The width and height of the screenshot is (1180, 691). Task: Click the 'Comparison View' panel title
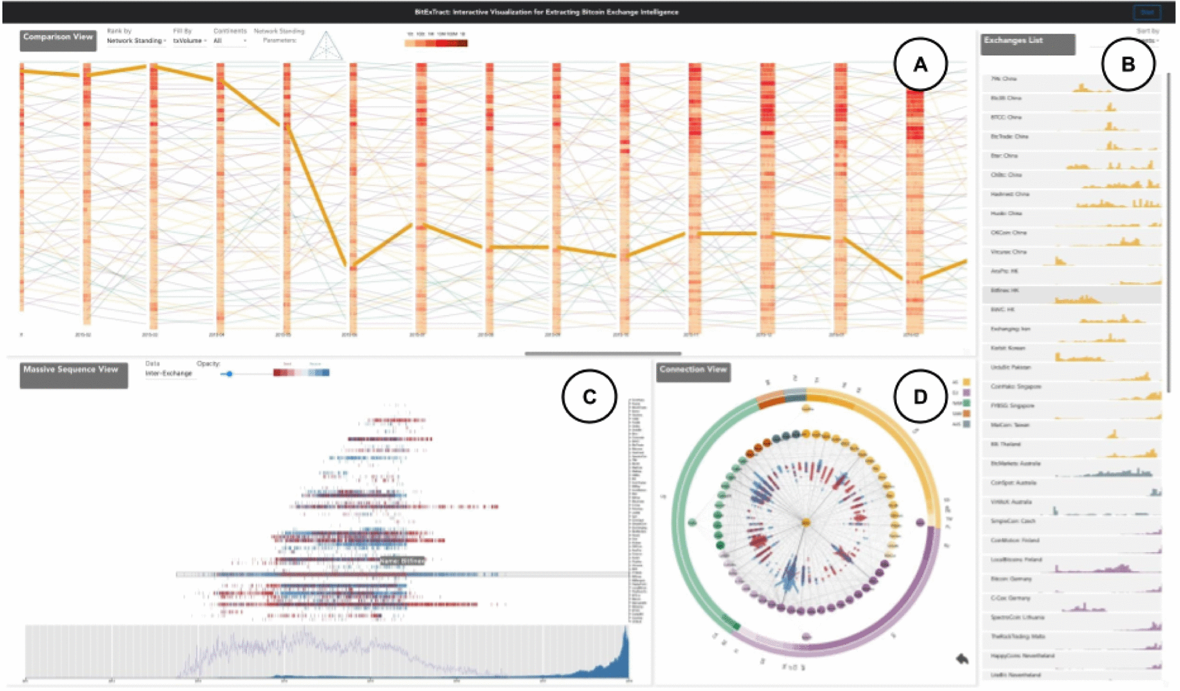(58, 39)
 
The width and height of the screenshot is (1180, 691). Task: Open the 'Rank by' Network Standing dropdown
(136, 41)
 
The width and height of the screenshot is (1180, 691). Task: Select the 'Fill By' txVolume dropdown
(189, 41)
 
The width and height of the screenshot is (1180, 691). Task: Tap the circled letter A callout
(920, 65)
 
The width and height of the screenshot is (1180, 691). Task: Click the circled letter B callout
(1128, 65)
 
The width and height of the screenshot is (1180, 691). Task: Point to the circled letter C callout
(589, 397)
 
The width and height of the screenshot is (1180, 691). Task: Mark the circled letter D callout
(920, 397)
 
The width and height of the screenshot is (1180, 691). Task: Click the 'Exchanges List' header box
(1027, 43)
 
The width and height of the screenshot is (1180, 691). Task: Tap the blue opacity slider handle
(229, 374)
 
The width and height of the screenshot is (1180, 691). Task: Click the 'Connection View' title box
(693, 372)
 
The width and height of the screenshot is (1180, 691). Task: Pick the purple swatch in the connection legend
(966, 393)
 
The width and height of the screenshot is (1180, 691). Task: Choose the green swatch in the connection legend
(966, 403)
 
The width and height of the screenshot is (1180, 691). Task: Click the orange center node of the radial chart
(806, 522)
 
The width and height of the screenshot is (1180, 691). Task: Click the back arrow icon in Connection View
(962, 659)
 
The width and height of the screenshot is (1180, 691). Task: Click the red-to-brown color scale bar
(435, 43)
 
